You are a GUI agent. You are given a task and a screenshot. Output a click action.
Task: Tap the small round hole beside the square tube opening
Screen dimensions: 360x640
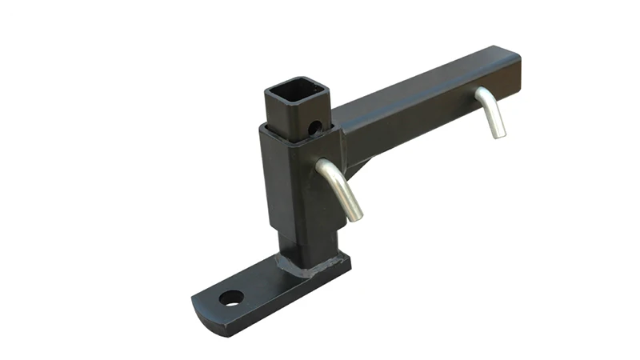pyautogui.click(x=316, y=126)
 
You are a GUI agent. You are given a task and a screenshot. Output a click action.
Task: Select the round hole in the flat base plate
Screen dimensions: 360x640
pyautogui.click(x=231, y=298)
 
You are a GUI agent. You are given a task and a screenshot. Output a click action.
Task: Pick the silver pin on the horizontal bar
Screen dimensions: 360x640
pyautogui.click(x=492, y=112)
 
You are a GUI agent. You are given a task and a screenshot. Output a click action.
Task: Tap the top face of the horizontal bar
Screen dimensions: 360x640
pyautogui.click(x=424, y=80)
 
